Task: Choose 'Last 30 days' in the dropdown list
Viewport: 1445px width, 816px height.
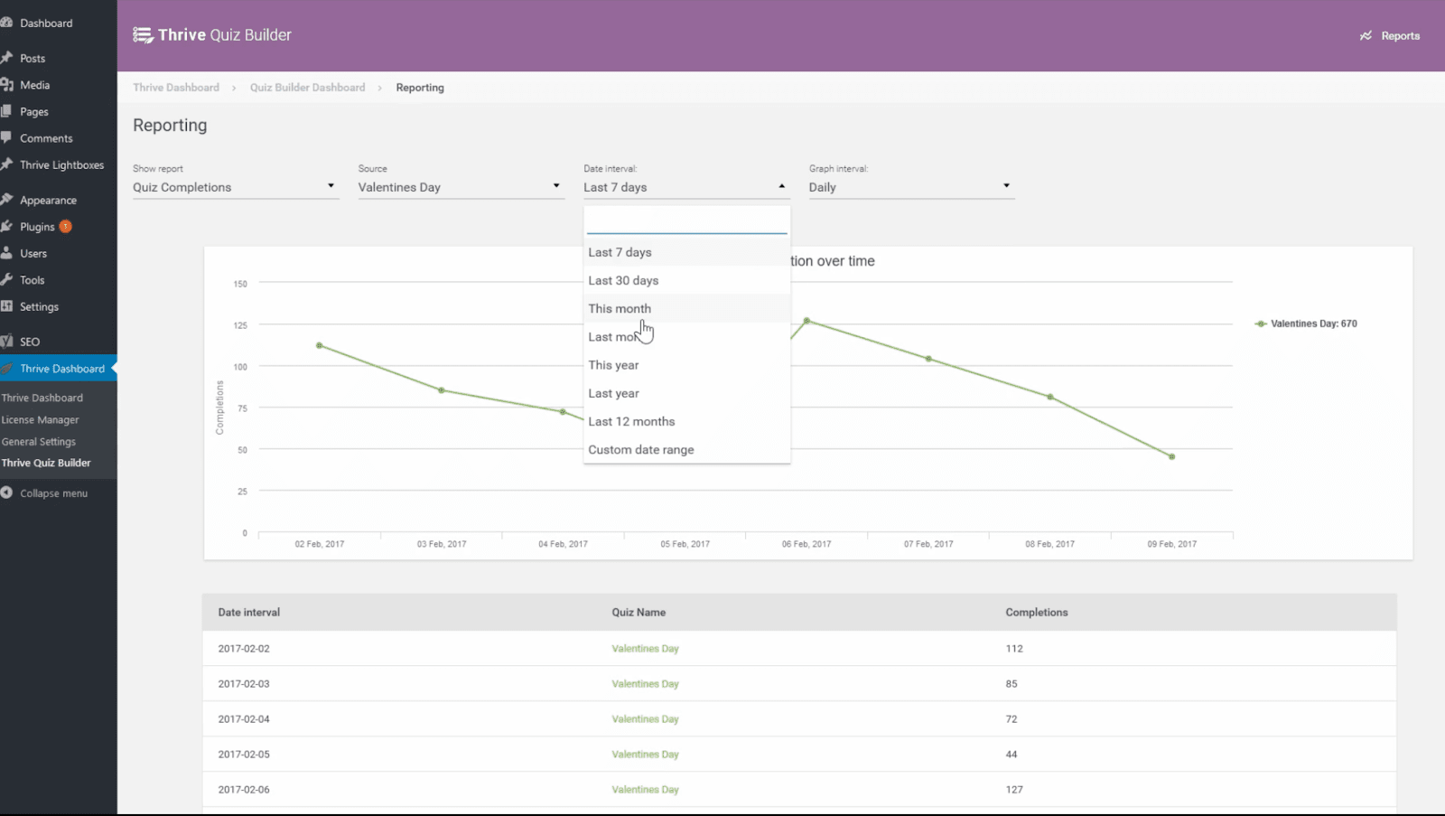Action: pyautogui.click(x=623, y=280)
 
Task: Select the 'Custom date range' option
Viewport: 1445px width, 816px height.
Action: pyautogui.click(x=641, y=449)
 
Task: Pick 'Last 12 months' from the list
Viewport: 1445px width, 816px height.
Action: pyautogui.click(x=631, y=421)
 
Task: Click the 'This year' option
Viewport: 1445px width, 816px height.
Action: pyautogui.click(x=613, y=365)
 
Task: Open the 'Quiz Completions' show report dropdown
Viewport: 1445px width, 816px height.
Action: pyautogui.click(x=235, y=187)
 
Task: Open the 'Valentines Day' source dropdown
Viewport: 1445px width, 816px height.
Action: pyautogui.click(x=460, y=187)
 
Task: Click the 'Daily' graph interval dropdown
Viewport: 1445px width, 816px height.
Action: pyautogui.click(x=910, y=187)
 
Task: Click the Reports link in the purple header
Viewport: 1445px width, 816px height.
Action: pyautogui.click(x=1390, y=36)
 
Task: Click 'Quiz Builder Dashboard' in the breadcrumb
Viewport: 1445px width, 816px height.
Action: pyautogui.click(x=307, y=88)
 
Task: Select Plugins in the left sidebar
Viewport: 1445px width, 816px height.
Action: pyautogui.click(x=38, y=227)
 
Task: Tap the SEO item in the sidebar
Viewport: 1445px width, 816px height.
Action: pyautogui.click(x=30, y=342)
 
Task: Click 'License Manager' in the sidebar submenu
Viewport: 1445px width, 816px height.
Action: pyautogui.click(x=40, y=420)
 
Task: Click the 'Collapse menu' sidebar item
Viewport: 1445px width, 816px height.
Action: pyautogui.click(x=53, y=493)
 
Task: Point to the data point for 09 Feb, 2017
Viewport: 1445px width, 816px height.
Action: pyautogui.click(x=1171, y=456)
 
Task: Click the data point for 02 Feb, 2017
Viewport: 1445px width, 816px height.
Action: pyautogui.click(x=320, y=345)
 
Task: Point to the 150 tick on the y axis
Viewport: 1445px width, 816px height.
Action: pyautogui.click(x=240, y=284)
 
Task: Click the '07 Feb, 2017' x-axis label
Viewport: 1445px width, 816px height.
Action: pyautogui.click(x=928, y=544)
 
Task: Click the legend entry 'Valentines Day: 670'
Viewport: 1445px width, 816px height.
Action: pyautogui.click(x=1312, y=324)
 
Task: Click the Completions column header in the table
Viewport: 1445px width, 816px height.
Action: pyautogui.click(x=1036, y=613)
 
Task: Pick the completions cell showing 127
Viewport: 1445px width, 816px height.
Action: pyautogui.click(x=1014, y=790)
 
